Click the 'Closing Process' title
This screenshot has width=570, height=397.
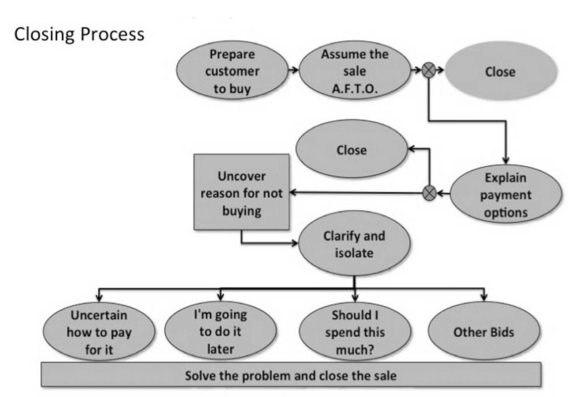tap(79, 34)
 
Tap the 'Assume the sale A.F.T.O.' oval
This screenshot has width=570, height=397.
tap(355, 72)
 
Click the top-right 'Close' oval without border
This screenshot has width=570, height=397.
tap(500, 72)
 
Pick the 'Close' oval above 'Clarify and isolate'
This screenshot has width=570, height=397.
tap(351, 150)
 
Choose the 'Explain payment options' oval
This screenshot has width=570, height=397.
tap(505, 195)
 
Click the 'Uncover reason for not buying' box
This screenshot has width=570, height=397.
tap(242, 192)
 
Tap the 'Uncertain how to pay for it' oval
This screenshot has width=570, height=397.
tap(99, 332)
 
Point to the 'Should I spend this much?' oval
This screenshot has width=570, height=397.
tap(355, 332)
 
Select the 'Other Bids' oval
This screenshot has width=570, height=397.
tap(484, 333)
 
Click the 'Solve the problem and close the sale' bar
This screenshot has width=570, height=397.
tap(291, 375)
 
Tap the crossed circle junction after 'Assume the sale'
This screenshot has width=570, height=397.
tap(429, 71)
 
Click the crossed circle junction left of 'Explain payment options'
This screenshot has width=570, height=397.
tap(429, 193)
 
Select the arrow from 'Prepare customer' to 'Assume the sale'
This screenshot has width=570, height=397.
tap(292, 71)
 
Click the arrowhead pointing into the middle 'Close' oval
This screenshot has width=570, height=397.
tap(412, 148)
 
